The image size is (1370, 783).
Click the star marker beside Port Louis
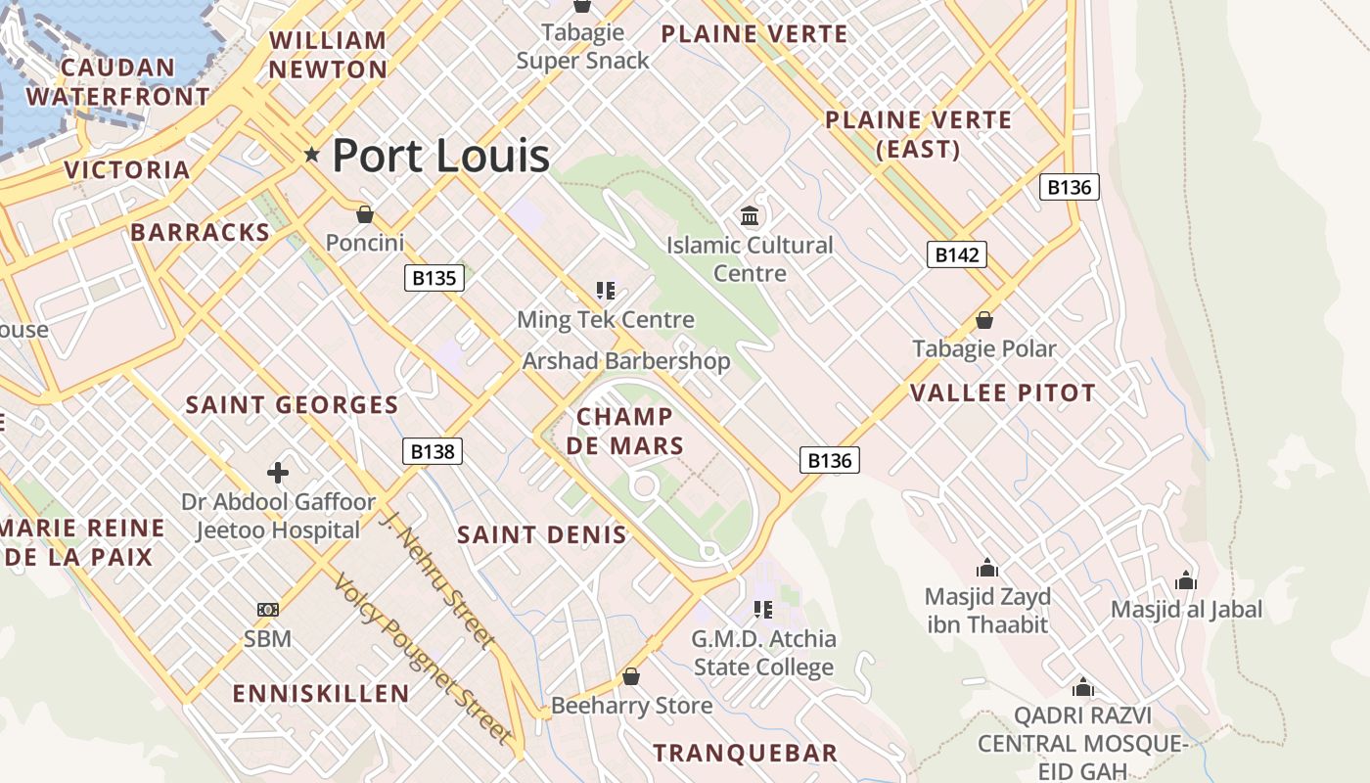click(312, 154)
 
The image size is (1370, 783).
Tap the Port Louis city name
click(440, 155)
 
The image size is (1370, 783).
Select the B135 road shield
click(434, 278)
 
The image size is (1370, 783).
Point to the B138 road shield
click(433, 451)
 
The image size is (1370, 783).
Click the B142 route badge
click(956, 254)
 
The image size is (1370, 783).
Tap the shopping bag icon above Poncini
click(365, 213)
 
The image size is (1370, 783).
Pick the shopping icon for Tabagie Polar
click(984, 320)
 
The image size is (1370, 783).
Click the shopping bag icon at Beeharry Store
click(631, 676)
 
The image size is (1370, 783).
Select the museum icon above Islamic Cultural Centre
click(750, 215)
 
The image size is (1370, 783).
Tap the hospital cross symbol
click(278, 473)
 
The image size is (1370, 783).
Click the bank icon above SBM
click(268, 610)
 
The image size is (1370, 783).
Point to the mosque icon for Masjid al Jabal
click(1186, 580)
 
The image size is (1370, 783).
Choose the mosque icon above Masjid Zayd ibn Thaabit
click(986, 568)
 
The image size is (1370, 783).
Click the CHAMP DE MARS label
click(624, 432)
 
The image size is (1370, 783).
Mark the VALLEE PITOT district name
click(1003, 393)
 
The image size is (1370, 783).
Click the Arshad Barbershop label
click(626, 361)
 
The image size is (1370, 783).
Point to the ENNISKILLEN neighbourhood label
click(321, 694)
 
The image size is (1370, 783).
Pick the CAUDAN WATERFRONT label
click(117, 82)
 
